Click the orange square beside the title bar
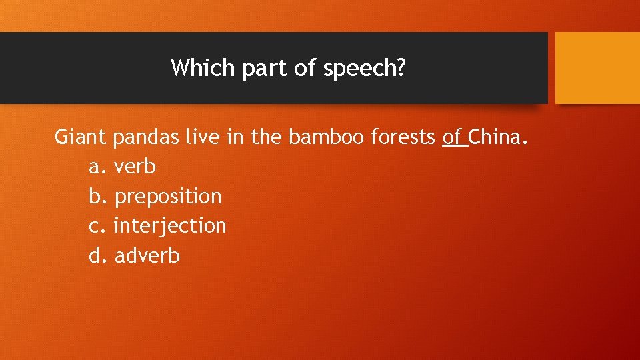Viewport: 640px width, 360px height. (x=597, y=68)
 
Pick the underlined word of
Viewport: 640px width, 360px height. (x=453, y=137)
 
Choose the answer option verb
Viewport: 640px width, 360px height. (x=135, y=167)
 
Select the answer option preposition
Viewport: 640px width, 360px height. (x=168, y=196)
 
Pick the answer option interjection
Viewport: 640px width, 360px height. (x=170, y=226)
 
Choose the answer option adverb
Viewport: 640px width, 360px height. (x=147, y=255)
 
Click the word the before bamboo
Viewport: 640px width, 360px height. (x=268, y=137)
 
